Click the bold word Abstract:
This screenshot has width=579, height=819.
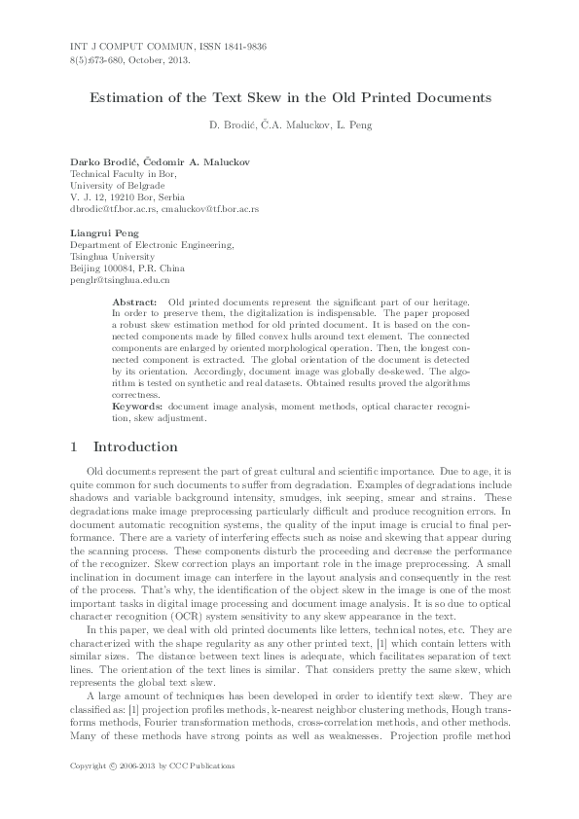coord(136,303)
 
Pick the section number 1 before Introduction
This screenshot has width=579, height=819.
coord(76,447)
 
